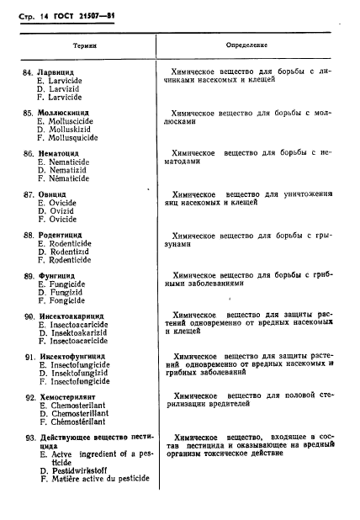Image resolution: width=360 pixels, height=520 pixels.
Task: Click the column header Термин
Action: click(82, 42)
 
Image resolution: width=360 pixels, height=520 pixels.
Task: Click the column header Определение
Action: click(246, 42)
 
